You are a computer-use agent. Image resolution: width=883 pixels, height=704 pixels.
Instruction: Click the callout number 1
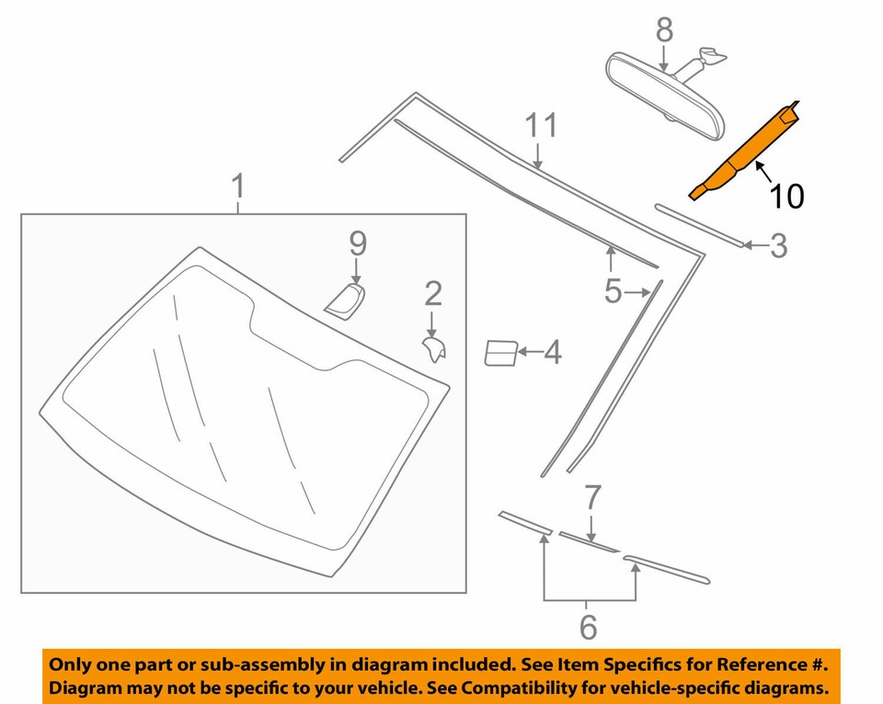point(238,187)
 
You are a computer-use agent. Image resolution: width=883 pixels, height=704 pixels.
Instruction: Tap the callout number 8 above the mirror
point(665,29)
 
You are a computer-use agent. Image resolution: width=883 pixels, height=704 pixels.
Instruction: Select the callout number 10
point(787,195)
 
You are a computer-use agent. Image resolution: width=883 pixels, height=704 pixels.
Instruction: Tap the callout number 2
point(432,293)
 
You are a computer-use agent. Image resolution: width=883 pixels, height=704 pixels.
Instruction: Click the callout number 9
point(357,244)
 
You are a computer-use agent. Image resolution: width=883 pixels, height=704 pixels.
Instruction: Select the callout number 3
point(778,245)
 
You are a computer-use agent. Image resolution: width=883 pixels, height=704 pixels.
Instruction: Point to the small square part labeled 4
point(499,353)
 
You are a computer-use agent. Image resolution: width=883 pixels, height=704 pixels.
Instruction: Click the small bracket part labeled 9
point(346,301)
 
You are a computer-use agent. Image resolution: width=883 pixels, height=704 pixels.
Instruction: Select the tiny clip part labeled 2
point(433,348)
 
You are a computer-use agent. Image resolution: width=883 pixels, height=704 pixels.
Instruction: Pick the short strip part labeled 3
point(698,224)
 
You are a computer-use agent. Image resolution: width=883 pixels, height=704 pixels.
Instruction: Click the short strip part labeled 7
point(589,541)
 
